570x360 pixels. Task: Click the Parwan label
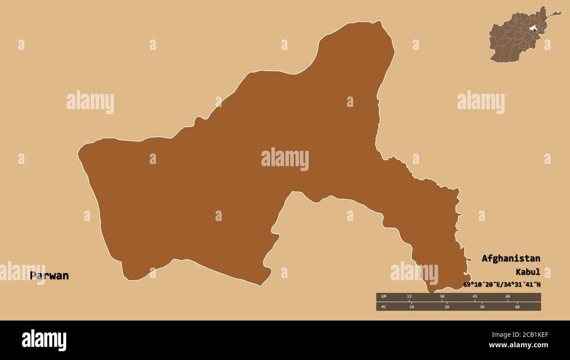coord(49,276)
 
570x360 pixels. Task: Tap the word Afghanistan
coord(511,258)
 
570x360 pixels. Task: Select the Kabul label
coord(528,272)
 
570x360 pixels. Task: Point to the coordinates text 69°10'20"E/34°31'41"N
coord(502,285)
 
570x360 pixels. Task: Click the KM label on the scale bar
coord(384,296)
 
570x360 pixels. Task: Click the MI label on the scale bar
coord(384,307)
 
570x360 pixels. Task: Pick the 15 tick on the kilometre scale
coord(409,296)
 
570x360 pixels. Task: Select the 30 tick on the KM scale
coord(442,296)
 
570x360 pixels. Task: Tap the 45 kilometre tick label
coord(475,296)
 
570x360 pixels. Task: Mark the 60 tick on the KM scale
coord(508,296)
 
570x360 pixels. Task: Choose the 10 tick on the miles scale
coord(411,307)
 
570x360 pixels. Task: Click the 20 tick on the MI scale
coord(447,307)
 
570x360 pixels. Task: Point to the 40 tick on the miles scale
coord(517,307)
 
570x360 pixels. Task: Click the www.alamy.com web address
coord(519,345)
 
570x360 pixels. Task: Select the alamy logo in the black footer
coord(44,340)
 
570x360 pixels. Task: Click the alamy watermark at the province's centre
coord(285,159)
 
